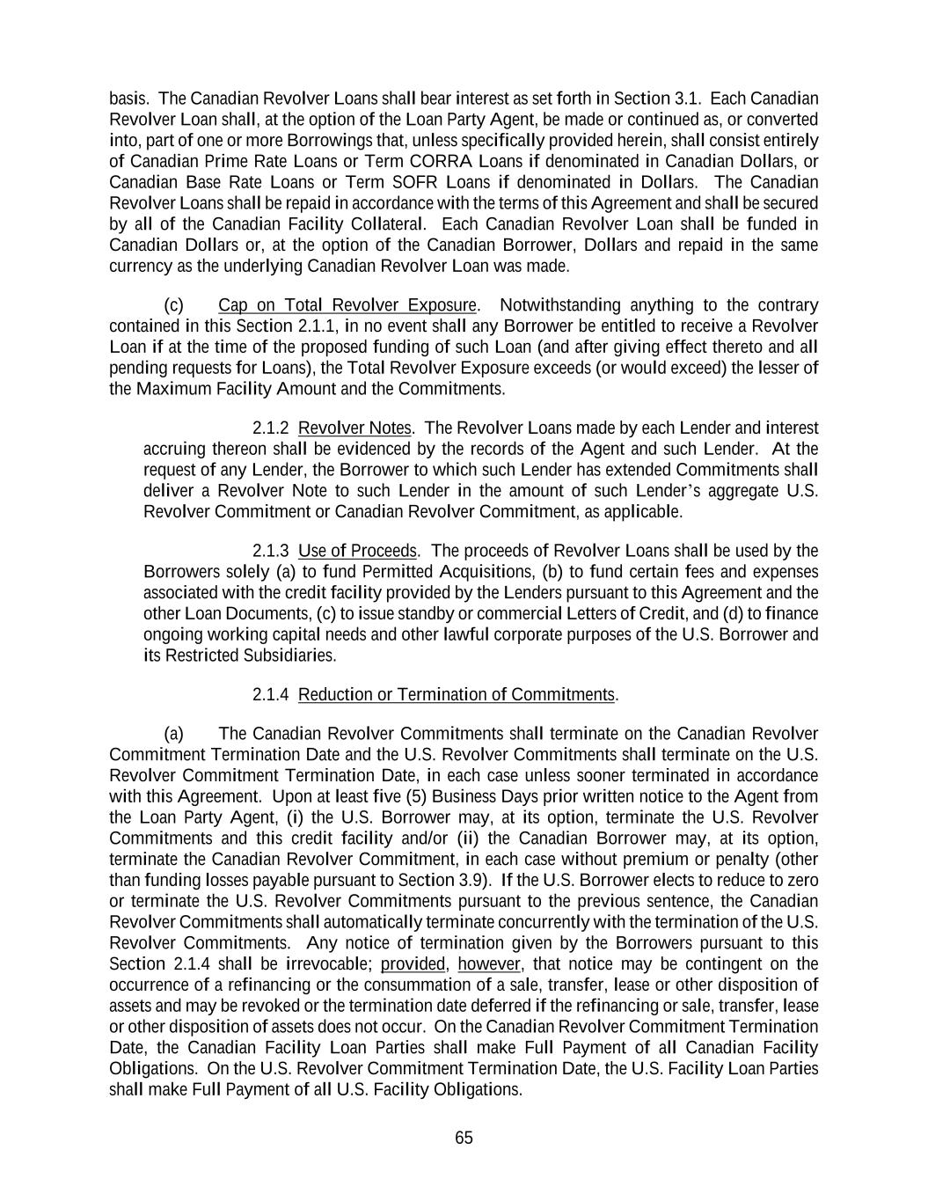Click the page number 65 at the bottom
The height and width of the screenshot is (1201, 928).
pos(464,1138)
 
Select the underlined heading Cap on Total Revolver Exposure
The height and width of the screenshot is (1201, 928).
pos(347,305)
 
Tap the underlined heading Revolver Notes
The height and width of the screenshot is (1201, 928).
pos(354,428)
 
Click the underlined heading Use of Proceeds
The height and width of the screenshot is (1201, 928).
pos(357,551)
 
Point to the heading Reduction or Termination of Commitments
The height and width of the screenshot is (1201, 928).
pos(457,695)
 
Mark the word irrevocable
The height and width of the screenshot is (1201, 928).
pos(329,964)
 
